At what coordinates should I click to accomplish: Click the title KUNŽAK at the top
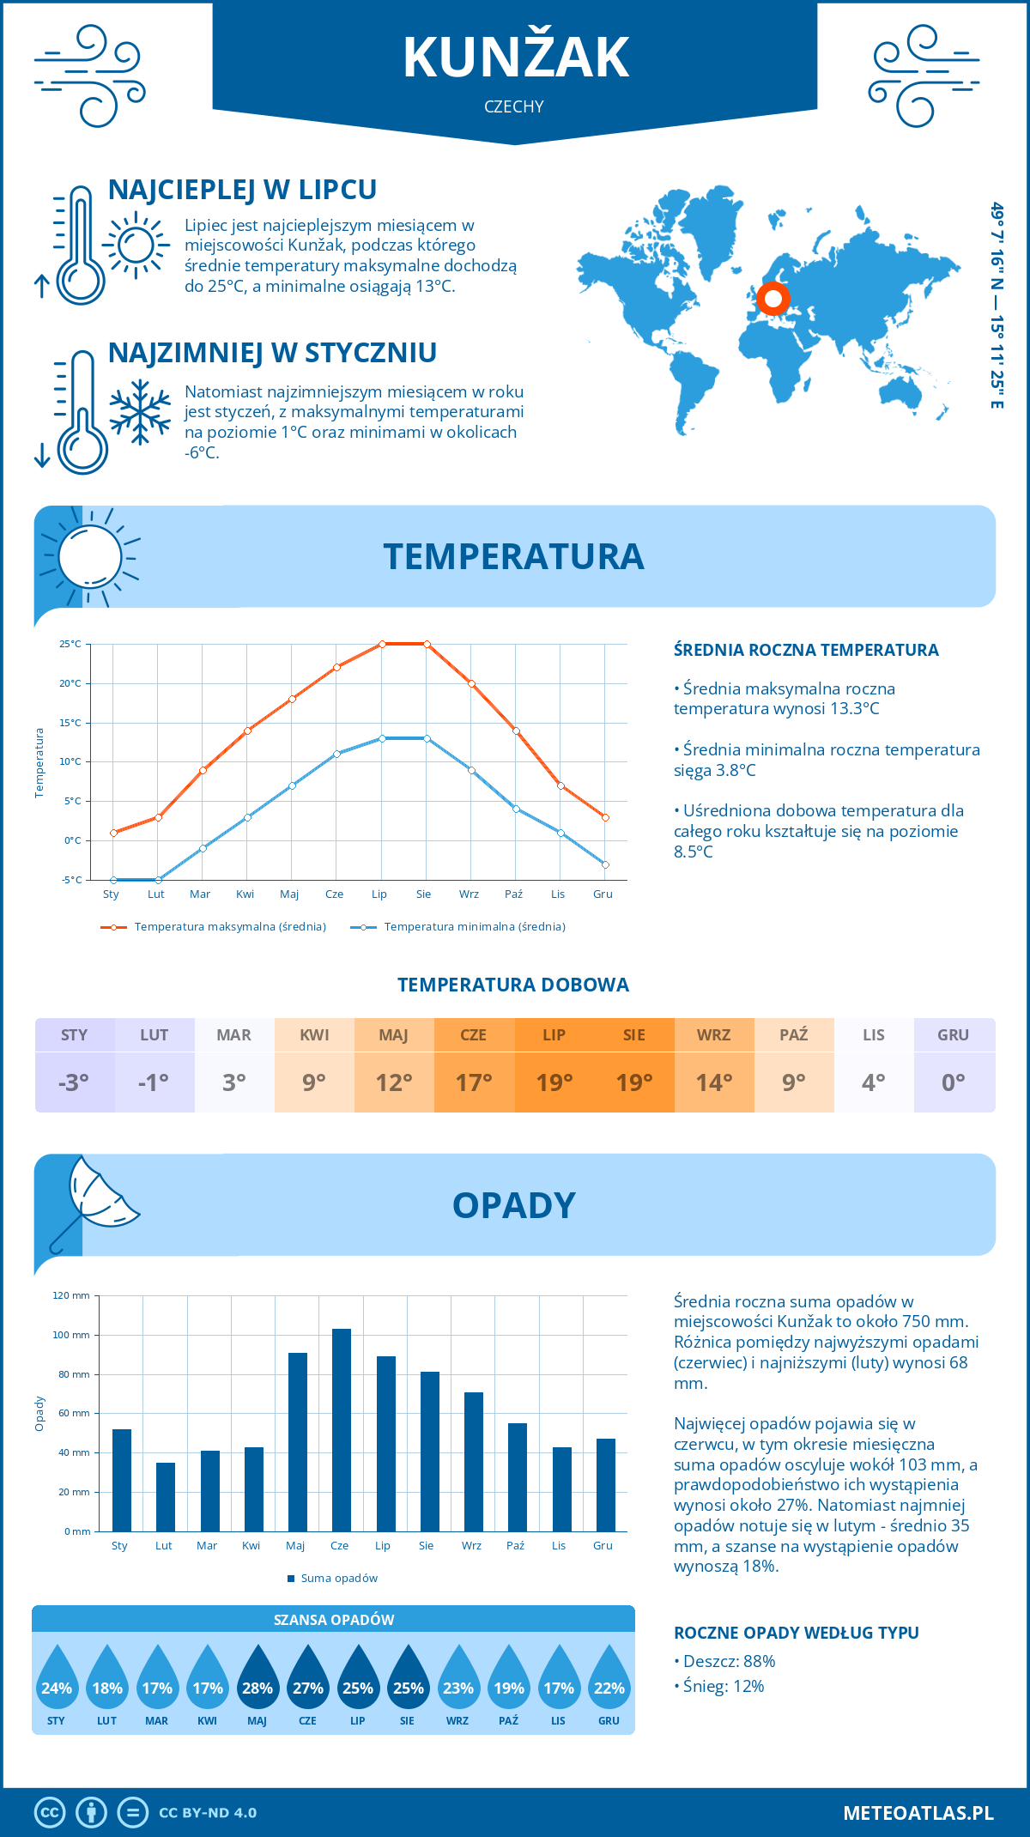coord(515,58)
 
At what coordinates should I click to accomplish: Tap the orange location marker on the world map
coord(772,299)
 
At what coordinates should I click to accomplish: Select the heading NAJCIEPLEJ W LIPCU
coord(242,190)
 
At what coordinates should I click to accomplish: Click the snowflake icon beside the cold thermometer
coord(140,412)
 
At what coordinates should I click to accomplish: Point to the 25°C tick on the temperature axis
coord(70,644)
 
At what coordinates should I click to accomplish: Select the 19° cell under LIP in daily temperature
coord(554,1082)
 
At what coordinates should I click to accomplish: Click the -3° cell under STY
coord(74,1082)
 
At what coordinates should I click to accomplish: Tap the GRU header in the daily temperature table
coord(954,1035)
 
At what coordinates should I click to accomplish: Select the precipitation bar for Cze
coord(342,1430)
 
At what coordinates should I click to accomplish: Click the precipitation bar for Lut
coord(166,1497)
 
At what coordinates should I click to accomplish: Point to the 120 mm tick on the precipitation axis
coord(71,1295)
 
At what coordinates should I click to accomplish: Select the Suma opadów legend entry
coord(338,1579)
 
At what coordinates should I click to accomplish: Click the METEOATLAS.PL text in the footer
coord(918,1813)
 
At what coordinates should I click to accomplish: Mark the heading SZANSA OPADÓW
coord(334,1620)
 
